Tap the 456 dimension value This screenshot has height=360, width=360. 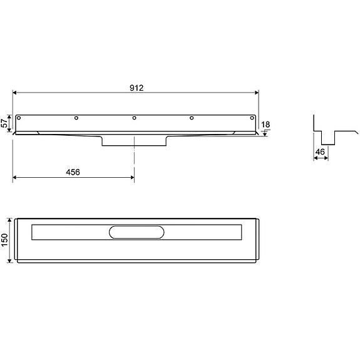pyautogui.click(x=73, y=172)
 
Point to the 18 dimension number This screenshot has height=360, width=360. pyautogui.click(x=265, y=125)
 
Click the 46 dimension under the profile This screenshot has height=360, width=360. pyautogui.click(x=319, y=152)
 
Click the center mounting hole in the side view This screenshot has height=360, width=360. pyautogui.click(x=134, y=118)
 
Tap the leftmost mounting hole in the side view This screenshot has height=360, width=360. pyautogui.click(x=20, y=118)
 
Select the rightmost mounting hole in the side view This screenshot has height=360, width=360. pyautogui.click(x=249, y=118)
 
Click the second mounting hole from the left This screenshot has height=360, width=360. pyautogui.click(x=76, y=118)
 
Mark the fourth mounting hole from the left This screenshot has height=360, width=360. pyautogui.click(x=192, y=118)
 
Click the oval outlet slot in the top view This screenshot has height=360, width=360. pyautogui.click(x=136, y=232)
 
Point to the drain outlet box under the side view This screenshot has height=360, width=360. pyautogui.click(x=134, y=141)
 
